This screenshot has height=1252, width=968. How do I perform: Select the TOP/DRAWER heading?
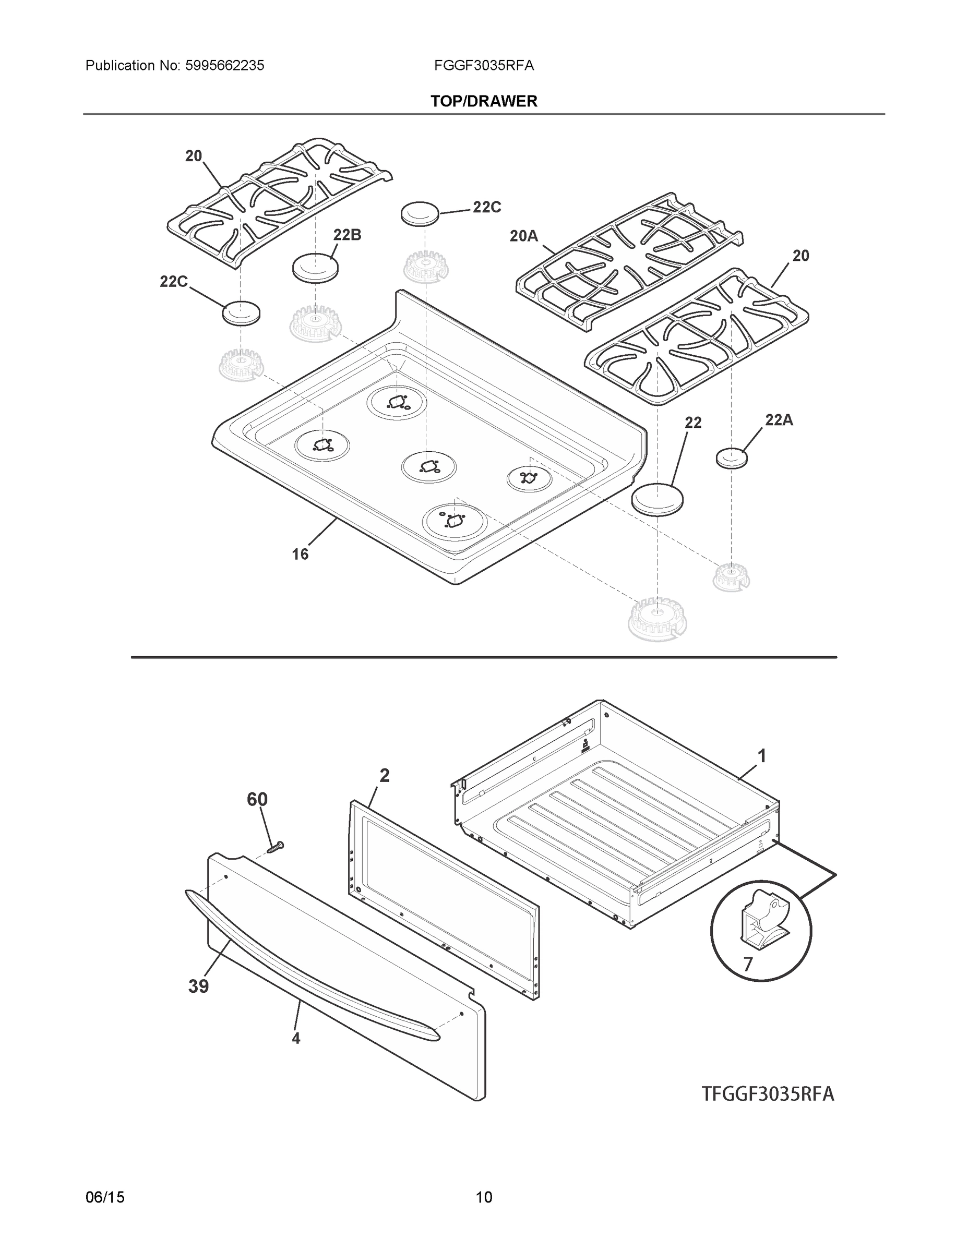pyautogui.click(x=484, y=102)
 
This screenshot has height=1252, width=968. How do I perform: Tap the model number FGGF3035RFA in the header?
pyautogui.click(x=484, y=66)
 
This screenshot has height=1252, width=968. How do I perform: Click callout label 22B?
pyautogui.click(x=347, y=235)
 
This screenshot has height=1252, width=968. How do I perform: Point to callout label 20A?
pyautogui.click(x=523, y=236)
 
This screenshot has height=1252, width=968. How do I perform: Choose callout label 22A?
pyautogui.click(x=779, y=420)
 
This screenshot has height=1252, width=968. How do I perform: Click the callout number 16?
pyautogui.click(x=300, y=555)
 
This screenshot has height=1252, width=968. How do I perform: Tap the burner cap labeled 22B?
pyautogui.click(x=315, y=268)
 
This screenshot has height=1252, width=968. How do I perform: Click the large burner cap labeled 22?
pyautogui.click(x=658, y=499)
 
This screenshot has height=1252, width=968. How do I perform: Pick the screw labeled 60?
pyautogui.click(x=277, y=846)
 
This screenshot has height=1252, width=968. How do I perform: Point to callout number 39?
pyautogui.click(x=198, y=986)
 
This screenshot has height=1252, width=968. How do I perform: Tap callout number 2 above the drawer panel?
pyautogui.click(x=384, y=776)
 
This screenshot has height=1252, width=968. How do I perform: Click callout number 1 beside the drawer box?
pyautogui.click(x=761, y=757)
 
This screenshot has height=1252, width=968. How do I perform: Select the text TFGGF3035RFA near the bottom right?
pyautogui.click(x=768, y=1094)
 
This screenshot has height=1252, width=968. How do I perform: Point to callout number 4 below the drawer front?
pyautogui.click(x=295, y=1038)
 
